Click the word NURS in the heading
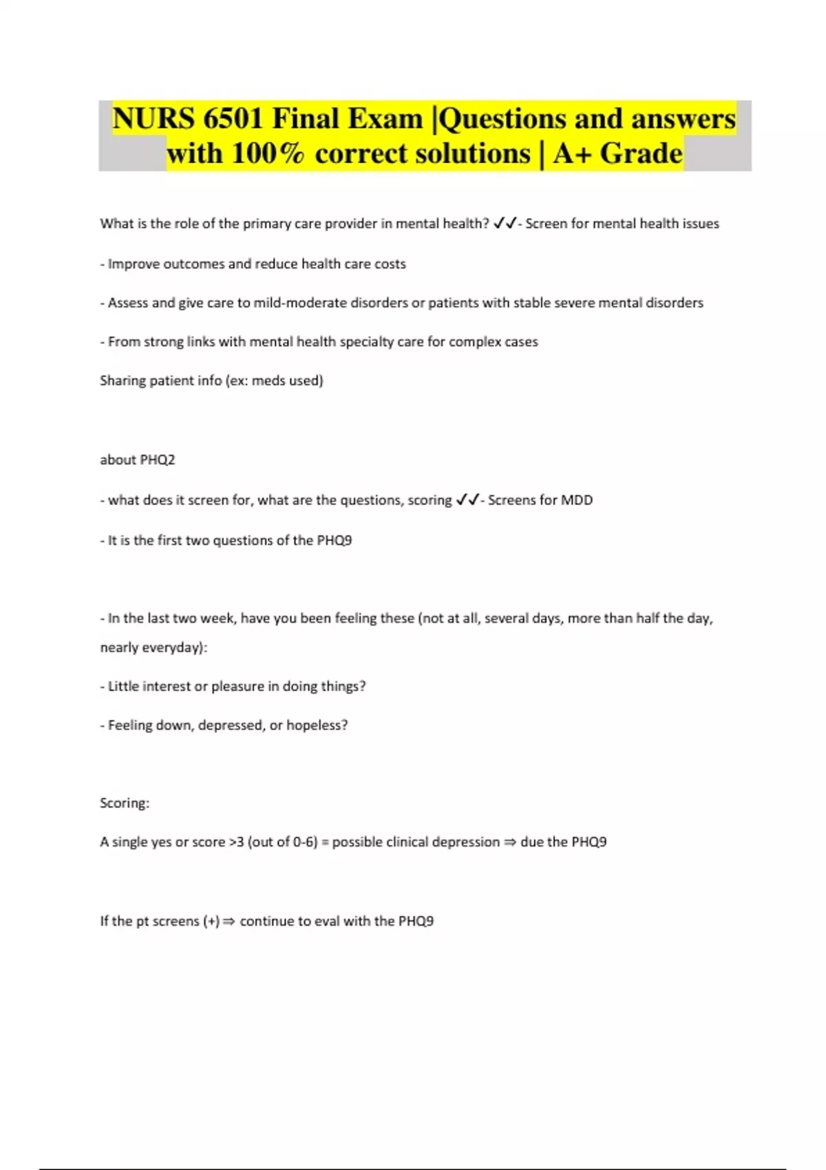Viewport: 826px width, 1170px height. coord(153,118)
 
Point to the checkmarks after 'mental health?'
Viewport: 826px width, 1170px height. coord(505,224)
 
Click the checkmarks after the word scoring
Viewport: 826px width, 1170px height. coord(467,500)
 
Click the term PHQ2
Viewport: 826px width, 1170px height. coord(157,460)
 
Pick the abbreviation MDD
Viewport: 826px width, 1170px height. coord(577,500)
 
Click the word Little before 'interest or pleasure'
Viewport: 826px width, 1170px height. coord(124,686)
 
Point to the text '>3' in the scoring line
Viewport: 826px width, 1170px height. coord(236,842)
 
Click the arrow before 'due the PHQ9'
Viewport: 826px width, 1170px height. coord(510,842)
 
